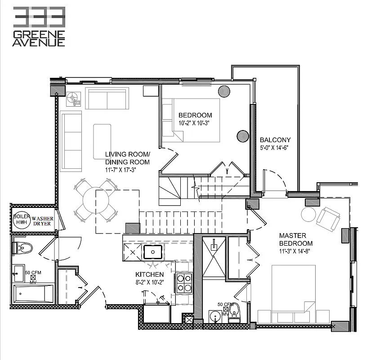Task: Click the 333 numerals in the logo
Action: click(39, 17)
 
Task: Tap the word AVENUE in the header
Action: click(39, 42)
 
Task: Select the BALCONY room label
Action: click(275, 139)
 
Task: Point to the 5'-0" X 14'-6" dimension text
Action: click(275, 148)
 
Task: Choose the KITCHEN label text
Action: click(149, 274)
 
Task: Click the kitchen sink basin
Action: click(153, 250)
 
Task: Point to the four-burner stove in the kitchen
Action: click(183, 283)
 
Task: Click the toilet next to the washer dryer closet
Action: click(22, 247)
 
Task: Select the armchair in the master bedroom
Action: click(328, 218)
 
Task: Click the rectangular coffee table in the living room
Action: click(102, 141)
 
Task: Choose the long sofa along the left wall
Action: click(71, 140)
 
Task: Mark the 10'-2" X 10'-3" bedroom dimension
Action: click(195, 123)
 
